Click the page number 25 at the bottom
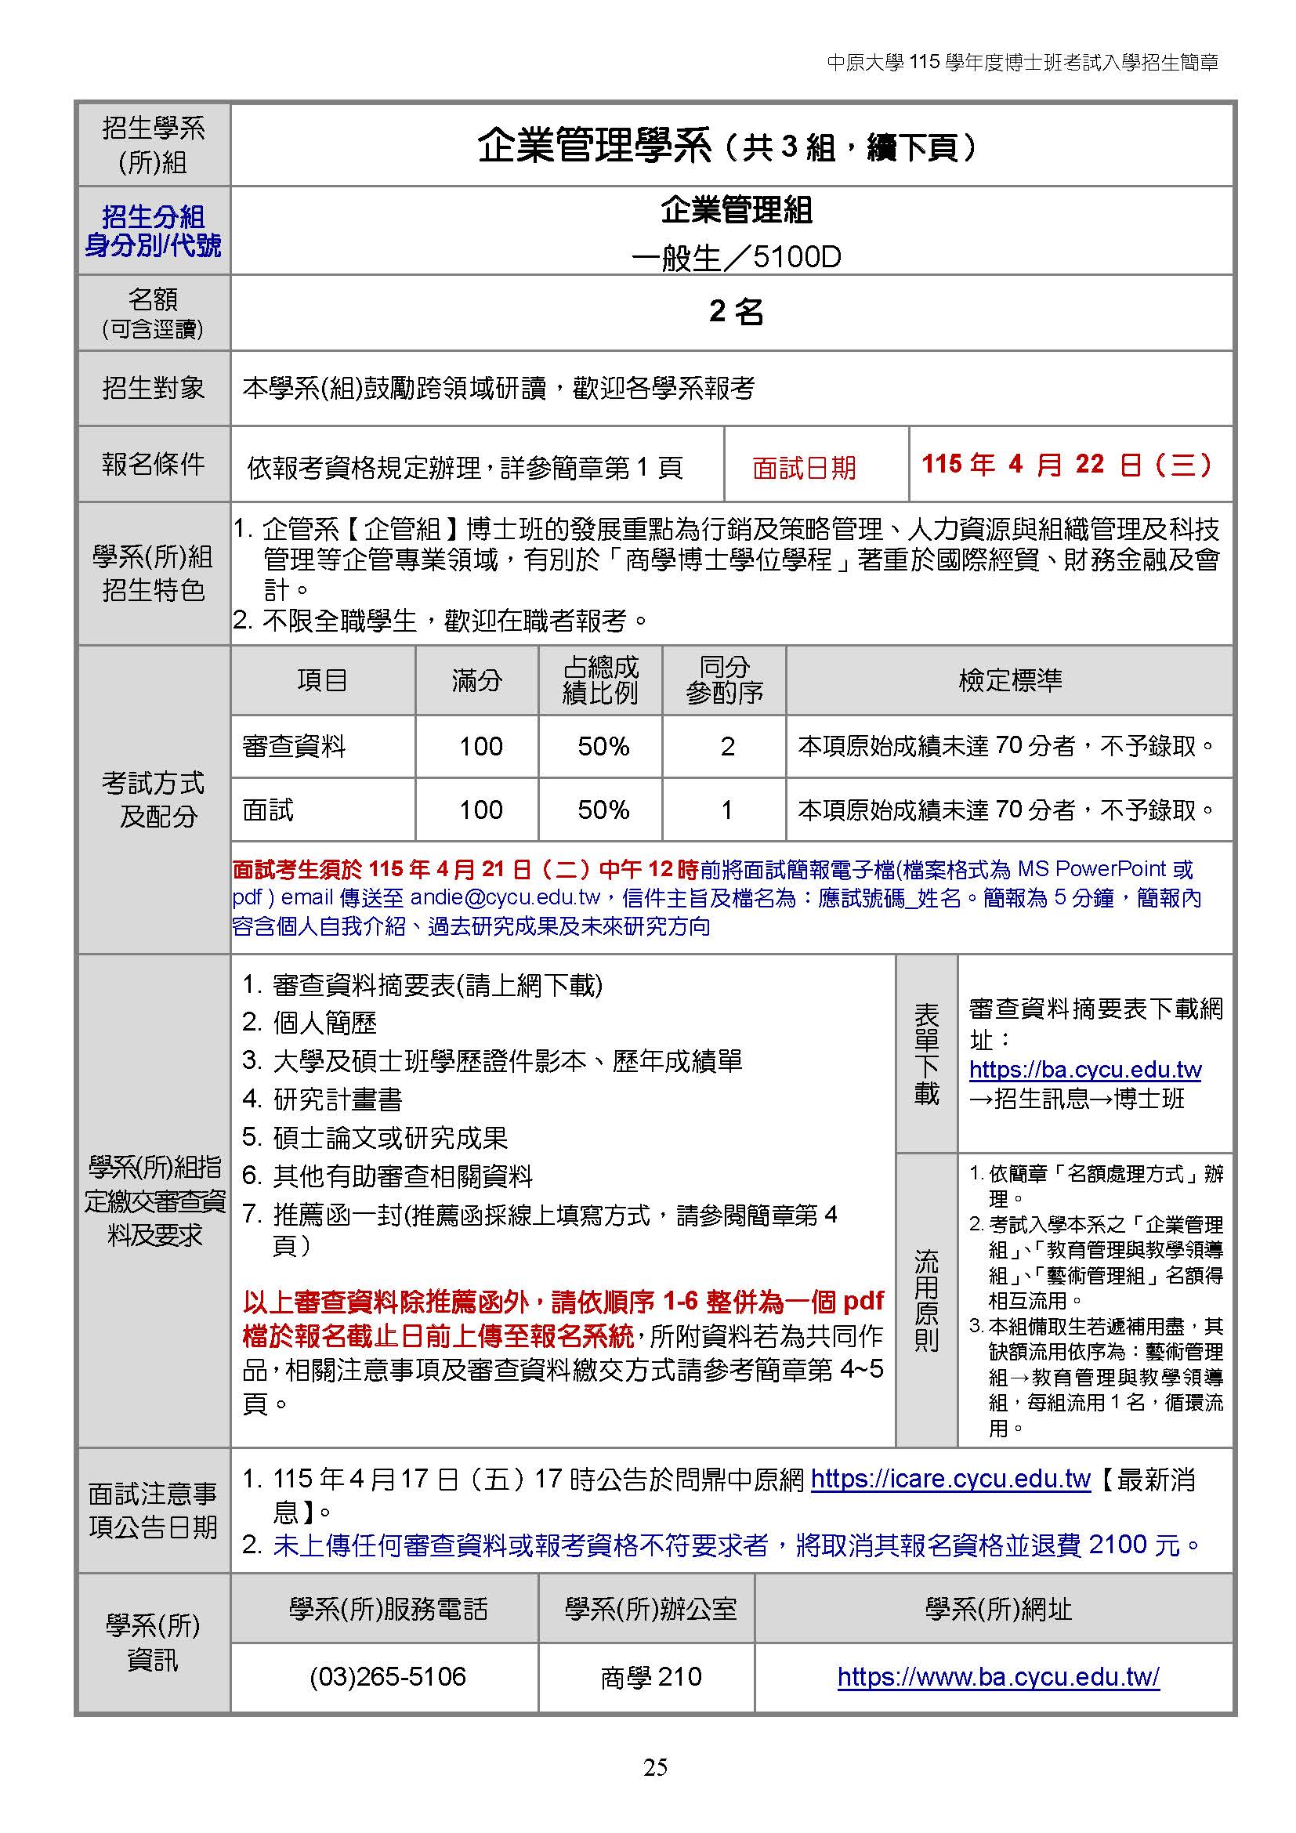pos(654,1766)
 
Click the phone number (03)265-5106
pos(387,1675)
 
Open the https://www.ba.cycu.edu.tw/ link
pos(997,1676)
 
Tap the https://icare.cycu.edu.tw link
pos(950,1480)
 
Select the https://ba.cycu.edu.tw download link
pos(1084,1069)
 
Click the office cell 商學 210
pos(650,1676)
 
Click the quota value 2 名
pos(735,311)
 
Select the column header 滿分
pos(476,680)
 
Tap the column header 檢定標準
pos(1009,680)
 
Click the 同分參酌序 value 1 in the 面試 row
pos(726,810)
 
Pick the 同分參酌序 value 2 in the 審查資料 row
pos(726,747)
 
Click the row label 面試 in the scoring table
pos(268,810)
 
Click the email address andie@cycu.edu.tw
pos(505,897)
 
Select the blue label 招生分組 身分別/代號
pos(154,230)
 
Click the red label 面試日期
pos(804,467)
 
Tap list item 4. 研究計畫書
pos(322,1099)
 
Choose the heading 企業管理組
pos(735,211)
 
